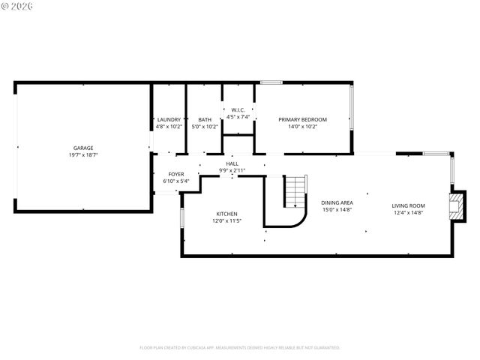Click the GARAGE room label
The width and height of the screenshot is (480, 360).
click(x=83, y=148)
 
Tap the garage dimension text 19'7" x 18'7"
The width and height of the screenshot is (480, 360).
click(x=83, y=154)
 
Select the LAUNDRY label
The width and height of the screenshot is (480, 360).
click(x=169, y=119)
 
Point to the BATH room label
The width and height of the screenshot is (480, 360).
click(x=205, y=119)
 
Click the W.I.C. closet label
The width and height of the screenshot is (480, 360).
click(x=238, y=109)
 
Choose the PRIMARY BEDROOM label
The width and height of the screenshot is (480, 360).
click(x=303, y=119)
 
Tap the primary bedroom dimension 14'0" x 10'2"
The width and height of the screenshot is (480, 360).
click(x=303, y=126)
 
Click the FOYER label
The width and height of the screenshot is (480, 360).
click(x=176, y=174)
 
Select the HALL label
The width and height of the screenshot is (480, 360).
click(x=232, y=163)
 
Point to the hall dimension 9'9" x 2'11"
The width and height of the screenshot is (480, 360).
click(x=232, y=170)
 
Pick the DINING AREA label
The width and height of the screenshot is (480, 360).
click(x=337, y=202)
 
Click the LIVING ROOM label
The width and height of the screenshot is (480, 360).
click(x=408, y=205)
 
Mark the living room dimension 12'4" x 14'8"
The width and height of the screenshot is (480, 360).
click(x=408, y=212)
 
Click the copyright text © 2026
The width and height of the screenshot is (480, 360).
click(x=16, y=6)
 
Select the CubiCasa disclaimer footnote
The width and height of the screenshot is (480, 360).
click(x=240, y=347)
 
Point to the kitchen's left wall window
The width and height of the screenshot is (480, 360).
click(x=181, y=216)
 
